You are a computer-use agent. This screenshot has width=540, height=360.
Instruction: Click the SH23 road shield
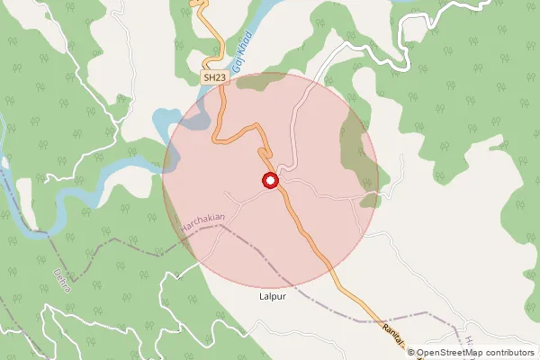click(x=214, y=79)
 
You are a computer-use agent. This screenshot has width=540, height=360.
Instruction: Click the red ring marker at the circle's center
click(x=270, y=181)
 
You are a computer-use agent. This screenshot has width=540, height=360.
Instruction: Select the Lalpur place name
click(x=271, y=295)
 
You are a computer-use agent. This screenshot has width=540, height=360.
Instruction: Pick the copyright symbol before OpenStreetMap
click(x=411, y=353)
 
